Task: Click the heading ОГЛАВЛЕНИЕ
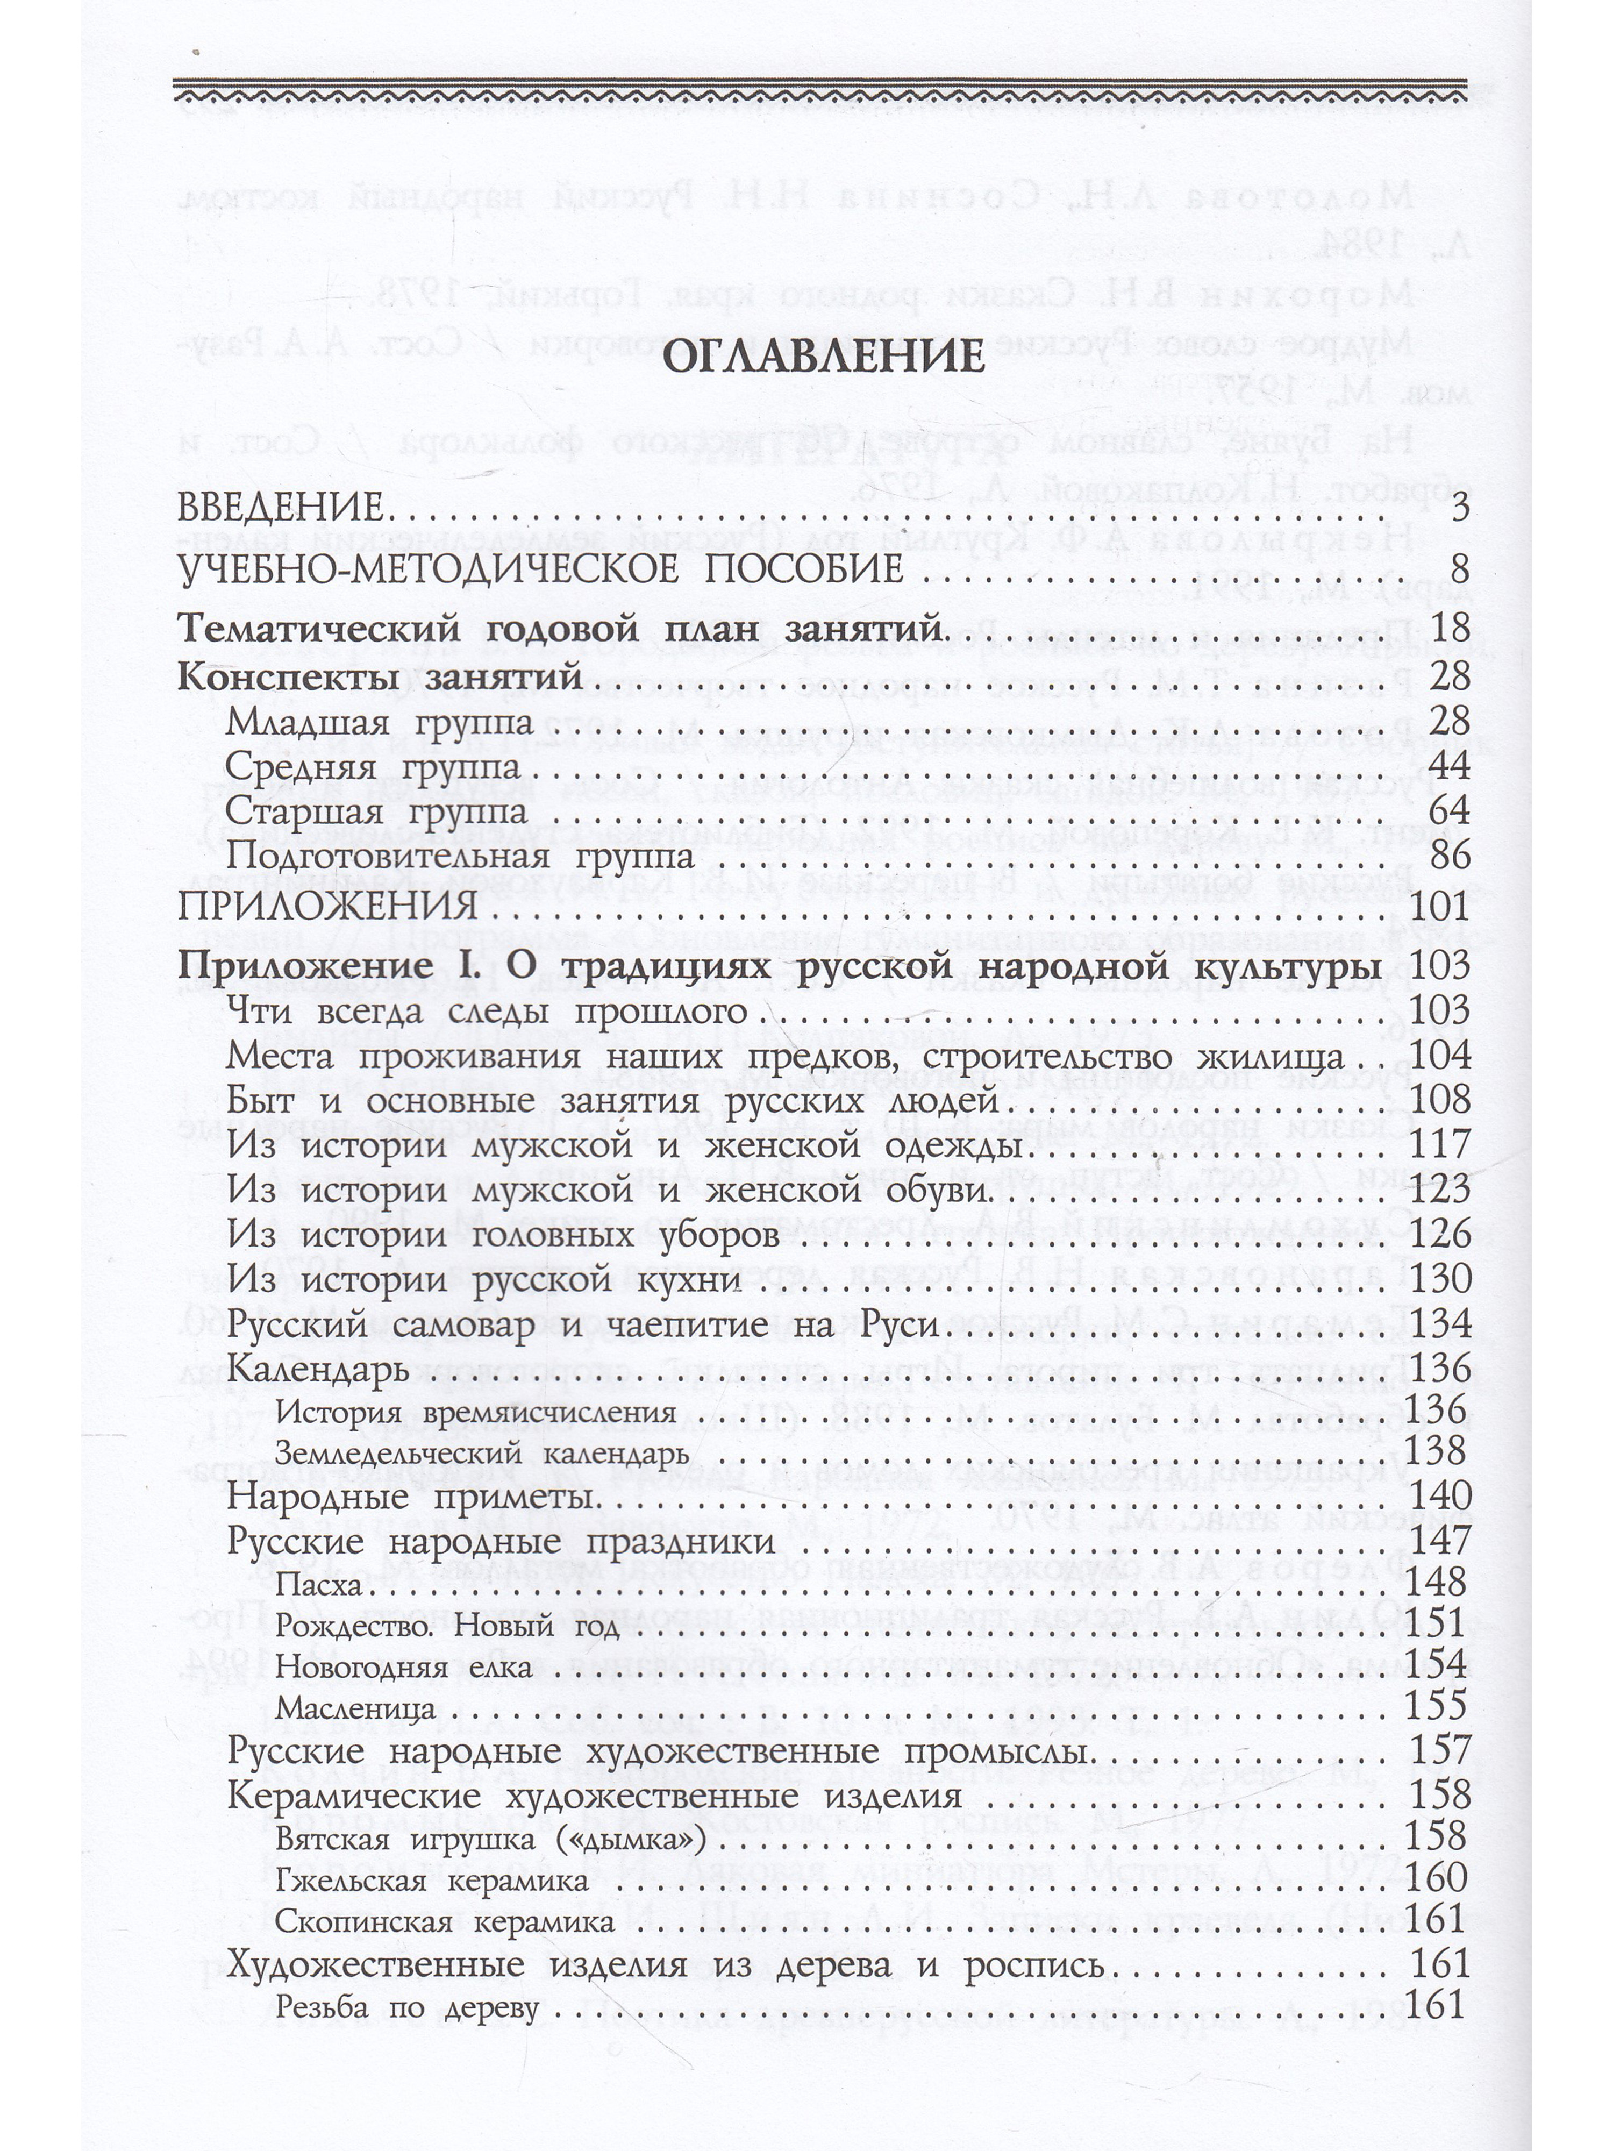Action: pos(824,357)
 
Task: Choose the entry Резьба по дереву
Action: pos(406,1976)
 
